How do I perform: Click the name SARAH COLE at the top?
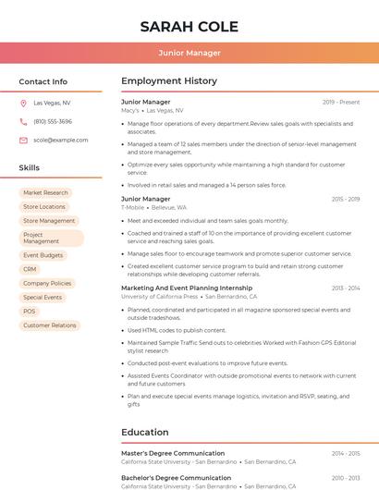189,27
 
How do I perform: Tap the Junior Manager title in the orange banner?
189,53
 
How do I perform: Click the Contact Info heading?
43,81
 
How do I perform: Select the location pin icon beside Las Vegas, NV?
23,104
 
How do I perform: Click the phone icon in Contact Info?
23,122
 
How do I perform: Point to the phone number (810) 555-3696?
53,122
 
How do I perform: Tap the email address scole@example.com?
61,141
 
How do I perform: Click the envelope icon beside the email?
23,141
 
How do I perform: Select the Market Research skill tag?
46,193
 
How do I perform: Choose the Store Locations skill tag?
44,207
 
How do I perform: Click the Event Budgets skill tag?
43,255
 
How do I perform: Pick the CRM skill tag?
31,269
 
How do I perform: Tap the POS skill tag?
30,312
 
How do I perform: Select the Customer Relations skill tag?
50,325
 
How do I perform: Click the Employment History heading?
169,81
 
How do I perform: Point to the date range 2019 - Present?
341,103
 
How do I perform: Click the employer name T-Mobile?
132,208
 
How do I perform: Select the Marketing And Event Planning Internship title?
187,288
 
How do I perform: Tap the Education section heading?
145,432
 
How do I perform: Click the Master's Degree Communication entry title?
173,454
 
